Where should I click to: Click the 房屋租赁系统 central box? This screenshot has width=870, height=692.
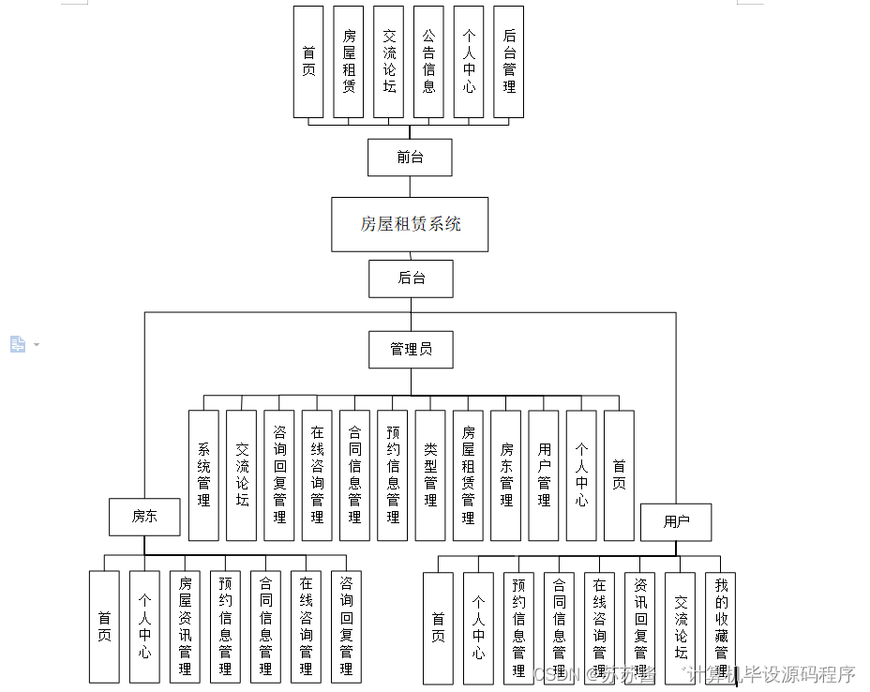[x=410, y=224]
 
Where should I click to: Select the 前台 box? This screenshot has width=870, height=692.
[x=410, y=158]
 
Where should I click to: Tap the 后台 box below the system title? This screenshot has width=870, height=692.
[x=411, y=278]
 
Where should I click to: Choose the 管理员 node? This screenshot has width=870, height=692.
[x=411, y=349]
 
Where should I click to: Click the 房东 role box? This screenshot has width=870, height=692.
[x=144, y=517]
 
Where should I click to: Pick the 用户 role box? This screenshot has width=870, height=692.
[x=676, y=522]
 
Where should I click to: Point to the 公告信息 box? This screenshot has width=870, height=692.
[x=428, y=62]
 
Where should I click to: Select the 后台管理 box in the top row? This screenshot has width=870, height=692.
[x=508, y=62]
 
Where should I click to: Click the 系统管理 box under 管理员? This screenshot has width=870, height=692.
[x=203, y=475]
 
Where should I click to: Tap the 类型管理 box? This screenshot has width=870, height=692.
[x=430, y=475]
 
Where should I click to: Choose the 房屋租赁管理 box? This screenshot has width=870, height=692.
[x=468, y=475]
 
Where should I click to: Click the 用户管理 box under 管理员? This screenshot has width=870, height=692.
[x=544, y=475]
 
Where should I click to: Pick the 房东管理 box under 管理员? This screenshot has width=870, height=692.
[x=506, y=475]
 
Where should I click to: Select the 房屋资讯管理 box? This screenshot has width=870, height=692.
[x=185, y=627]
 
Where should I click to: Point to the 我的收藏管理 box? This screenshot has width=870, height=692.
[x=721, y=627]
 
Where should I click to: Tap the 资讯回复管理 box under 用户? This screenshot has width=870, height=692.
[x=640, y=627]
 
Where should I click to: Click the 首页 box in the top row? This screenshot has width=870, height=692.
[x=308, y=62]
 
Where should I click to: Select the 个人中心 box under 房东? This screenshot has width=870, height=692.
[x=144, y=627]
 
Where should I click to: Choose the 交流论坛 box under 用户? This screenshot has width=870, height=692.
[x=681, y=627]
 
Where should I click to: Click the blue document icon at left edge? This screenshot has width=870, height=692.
[x=18, y=344]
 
